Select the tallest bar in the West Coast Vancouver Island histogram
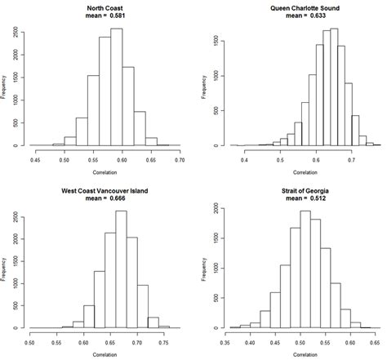pos(121,269)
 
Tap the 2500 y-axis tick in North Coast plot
pos(18,32)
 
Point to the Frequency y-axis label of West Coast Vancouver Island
pos(6,266)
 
